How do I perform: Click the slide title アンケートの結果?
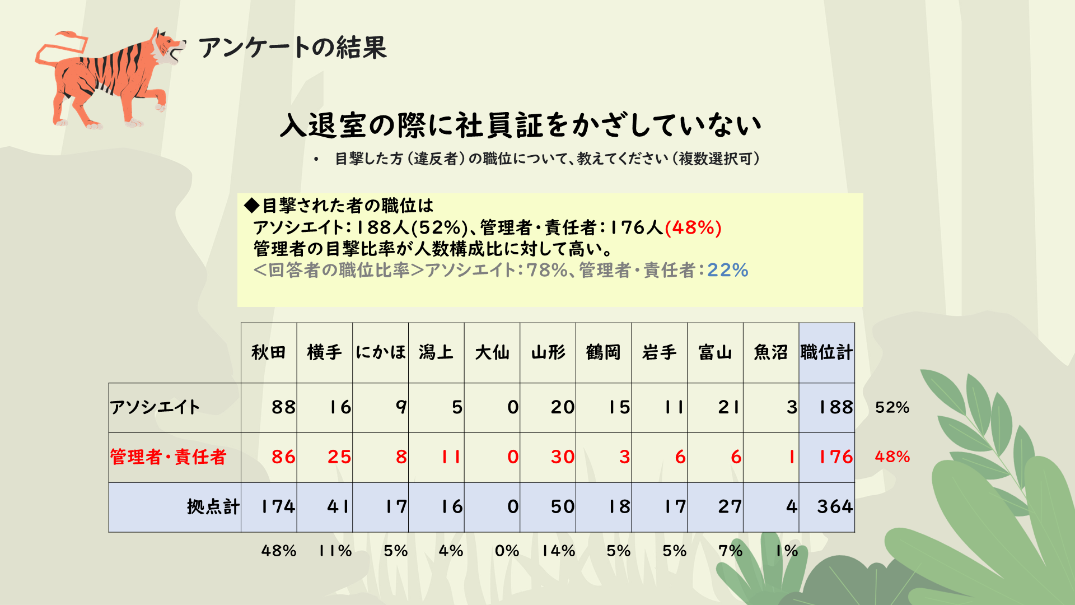coord(292,48)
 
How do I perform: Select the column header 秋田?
coord(269,352)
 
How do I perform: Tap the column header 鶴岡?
coord(604,352)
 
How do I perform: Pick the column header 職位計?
coord(826,352)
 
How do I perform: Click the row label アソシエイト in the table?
coord(155,407)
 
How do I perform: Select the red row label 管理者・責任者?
coord(168,457)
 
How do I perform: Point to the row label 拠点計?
coord(213,507)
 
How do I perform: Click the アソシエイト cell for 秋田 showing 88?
coord(283,407)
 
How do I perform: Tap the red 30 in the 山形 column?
coord(562,457)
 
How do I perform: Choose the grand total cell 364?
coord(835,507)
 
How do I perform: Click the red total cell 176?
coord(835,457)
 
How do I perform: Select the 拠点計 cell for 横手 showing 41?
coord(338,507)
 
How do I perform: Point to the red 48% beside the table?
coord(892,457)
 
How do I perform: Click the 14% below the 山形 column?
coord(558,551)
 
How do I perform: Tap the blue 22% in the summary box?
coord(727,271)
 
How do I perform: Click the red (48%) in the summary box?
coord(693,228)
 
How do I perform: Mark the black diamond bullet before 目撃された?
coord(252,206)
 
